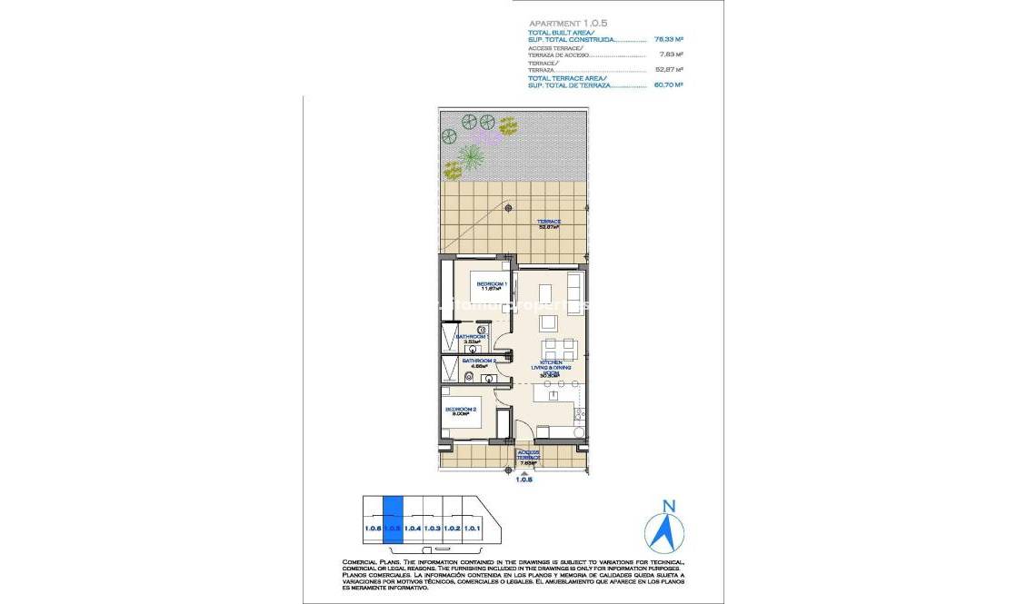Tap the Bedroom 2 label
click(461, 411)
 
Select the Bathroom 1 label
click(472, 338)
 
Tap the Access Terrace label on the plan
click(528, 458)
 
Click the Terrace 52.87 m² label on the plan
click(548, 223)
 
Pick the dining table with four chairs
click(555, 349)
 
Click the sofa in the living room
click(574, 292)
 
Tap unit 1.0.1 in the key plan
click(473, 528)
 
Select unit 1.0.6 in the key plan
click(373, 528)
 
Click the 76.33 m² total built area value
click(668, 40)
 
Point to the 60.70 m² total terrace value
click(668, 84)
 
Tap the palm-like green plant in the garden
click(471, 157)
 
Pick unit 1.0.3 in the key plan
click(433, 528)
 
